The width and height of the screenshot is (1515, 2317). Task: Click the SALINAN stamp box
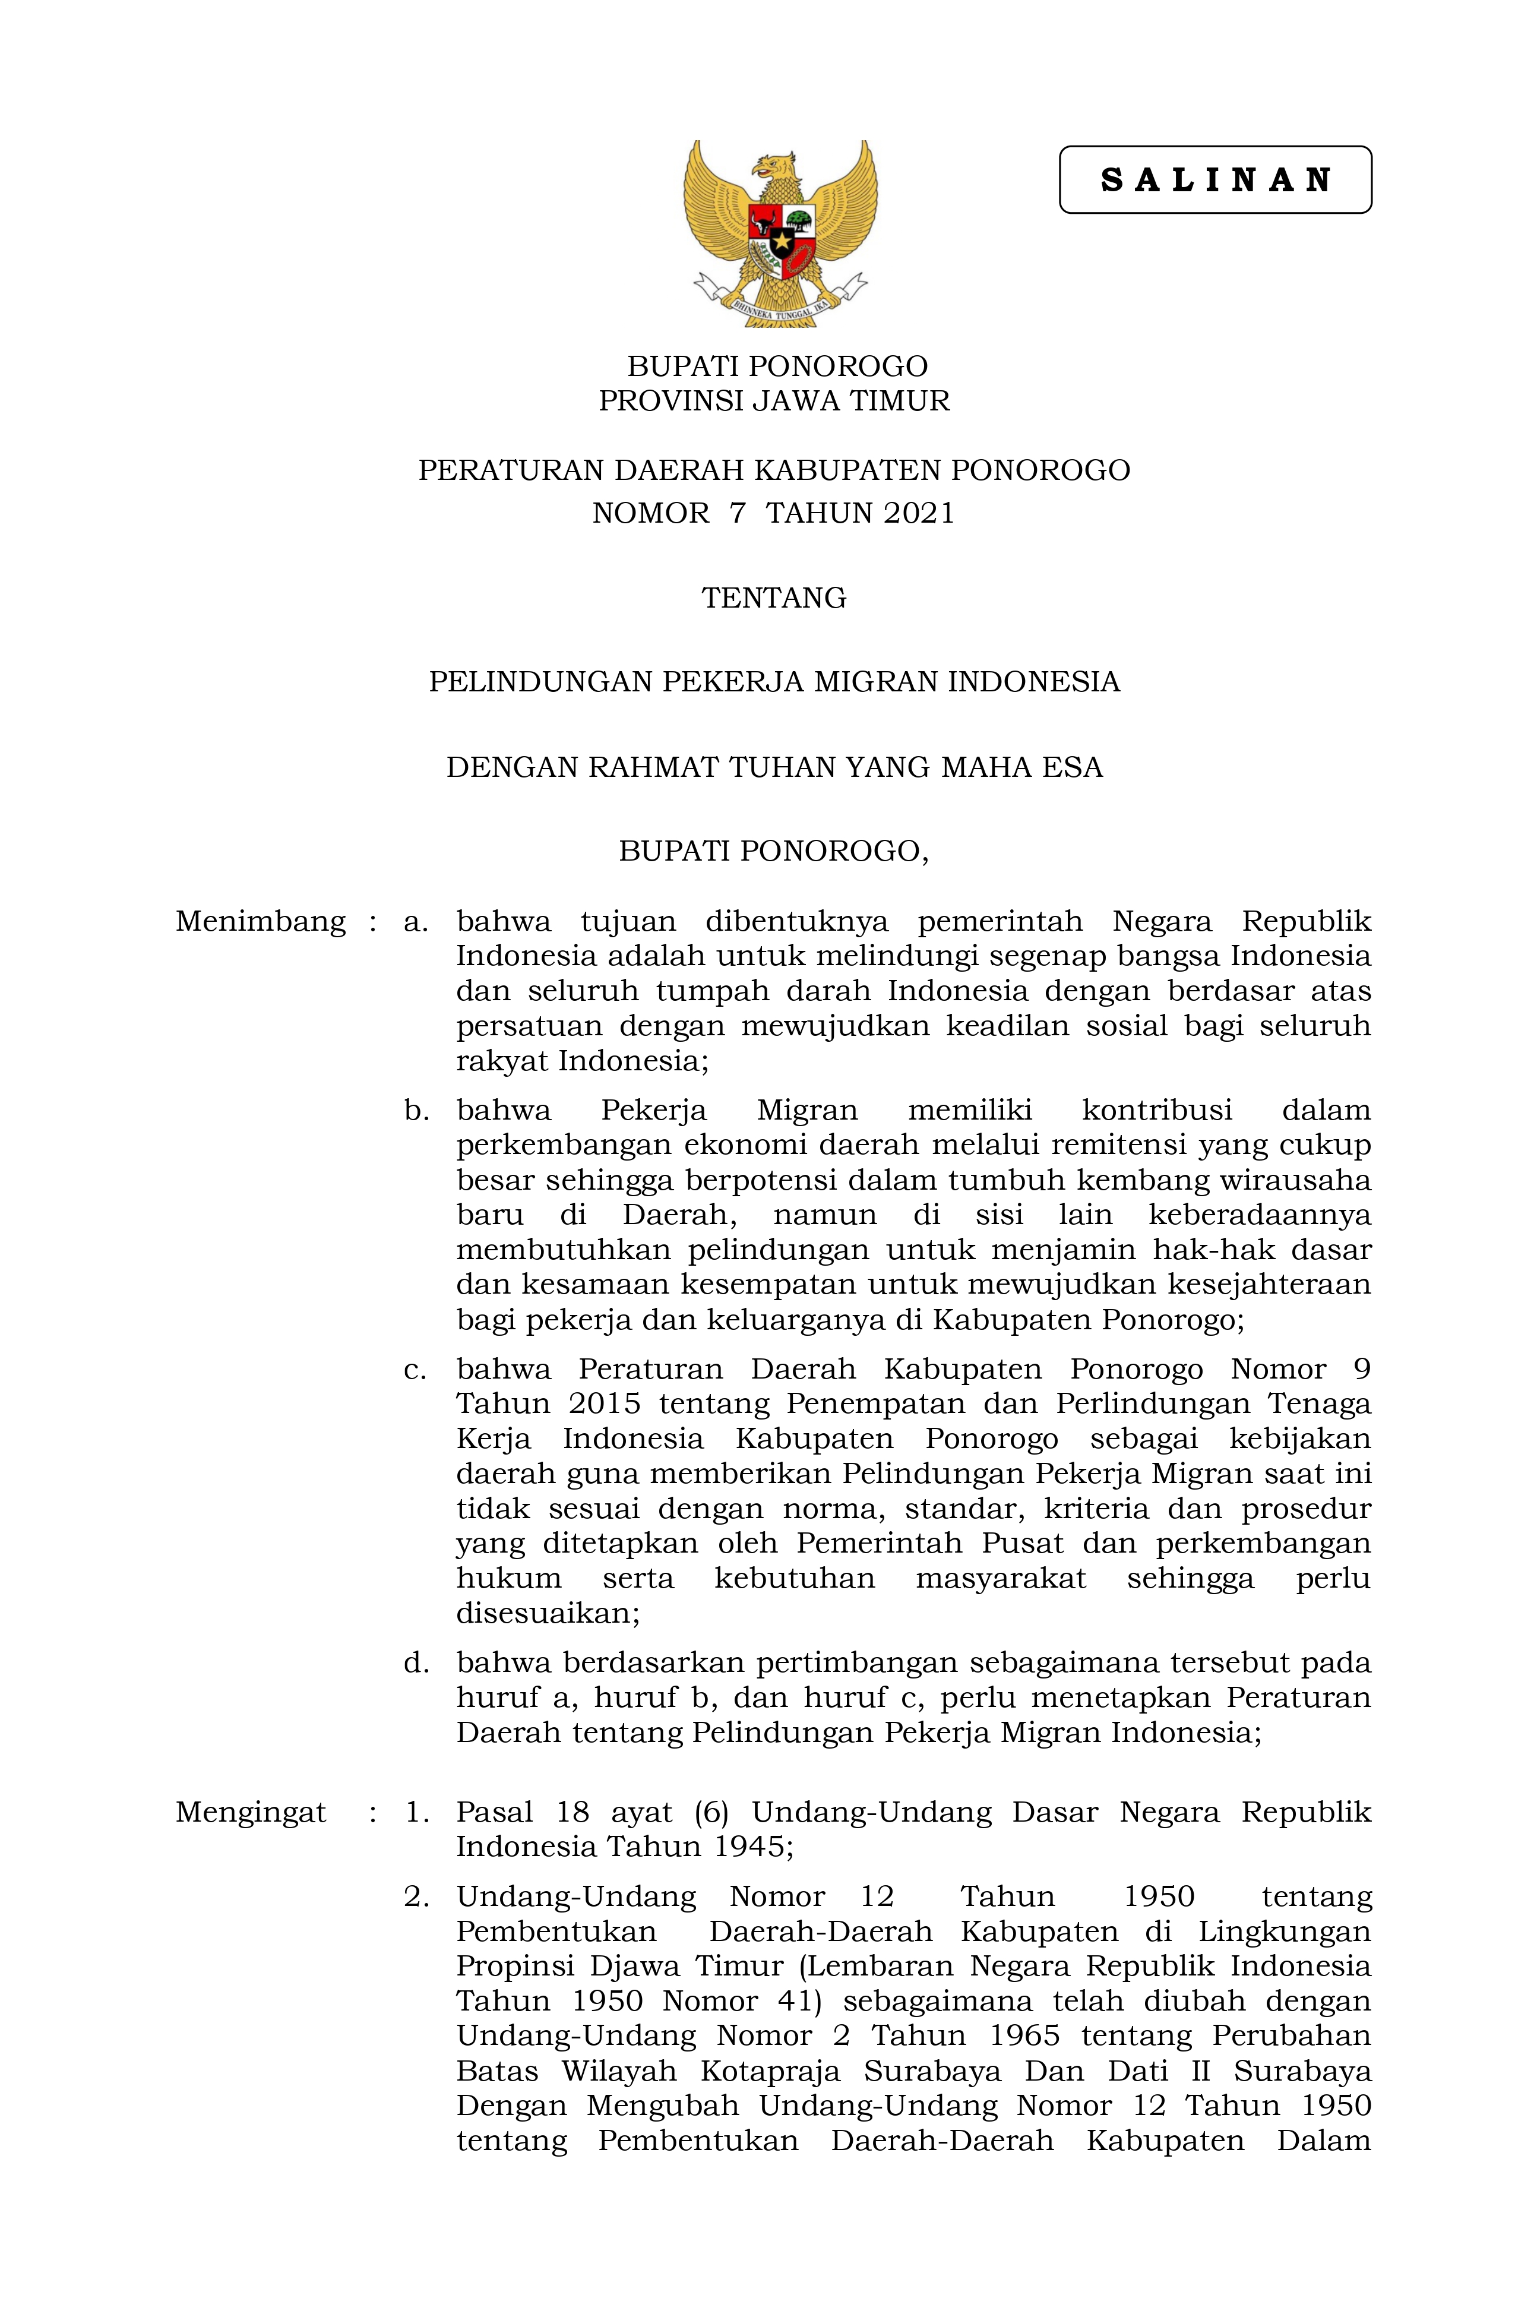(x=1214, y=180)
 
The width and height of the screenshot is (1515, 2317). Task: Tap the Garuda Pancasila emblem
(x=780, y=233)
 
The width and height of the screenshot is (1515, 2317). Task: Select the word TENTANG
(x=774, y=598)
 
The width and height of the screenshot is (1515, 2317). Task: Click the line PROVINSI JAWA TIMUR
(x=774, y=401)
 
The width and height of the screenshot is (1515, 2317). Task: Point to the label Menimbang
(x=260, y=921)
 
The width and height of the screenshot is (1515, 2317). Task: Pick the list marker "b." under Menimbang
(x=417, y=1110)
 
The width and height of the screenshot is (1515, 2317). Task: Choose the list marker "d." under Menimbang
(x=417, y=1663)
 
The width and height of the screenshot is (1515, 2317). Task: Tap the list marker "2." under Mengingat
(x=417, y=1896)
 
